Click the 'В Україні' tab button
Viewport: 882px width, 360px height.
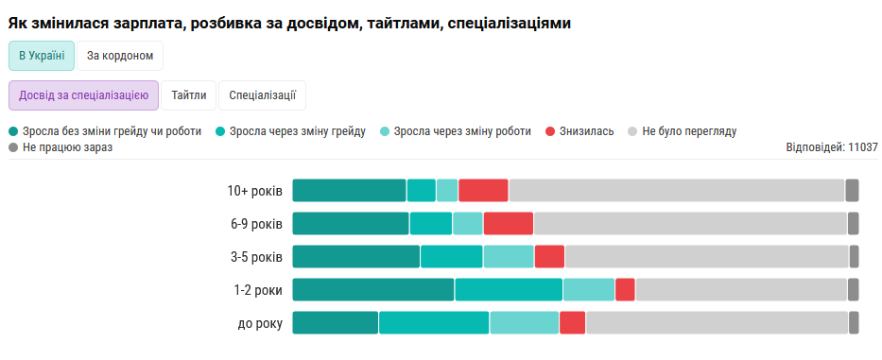click(42, 56)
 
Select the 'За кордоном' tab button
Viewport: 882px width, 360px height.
click(120, 56)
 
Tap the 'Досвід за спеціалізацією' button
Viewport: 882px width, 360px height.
click(83, 95)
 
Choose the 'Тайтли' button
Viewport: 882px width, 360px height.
click(189, 95)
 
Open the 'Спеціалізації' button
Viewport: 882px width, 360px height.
click(262, 95)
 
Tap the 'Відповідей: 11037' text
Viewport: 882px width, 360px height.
click(832, 147)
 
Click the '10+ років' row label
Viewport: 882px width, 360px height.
click(254, 191)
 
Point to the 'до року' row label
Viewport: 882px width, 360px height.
click(260, 323)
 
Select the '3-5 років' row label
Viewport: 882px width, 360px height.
click(256, 257)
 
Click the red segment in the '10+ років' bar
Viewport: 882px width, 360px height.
click(483, 191)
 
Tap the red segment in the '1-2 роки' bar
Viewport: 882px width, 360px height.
click(625, 290)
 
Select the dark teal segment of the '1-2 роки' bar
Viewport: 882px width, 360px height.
click(373, 290)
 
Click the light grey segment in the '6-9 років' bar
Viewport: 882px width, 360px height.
click(690, 224)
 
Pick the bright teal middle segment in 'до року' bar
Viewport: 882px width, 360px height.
click(434, 323)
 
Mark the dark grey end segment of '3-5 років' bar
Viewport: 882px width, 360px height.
click(854, 257)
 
